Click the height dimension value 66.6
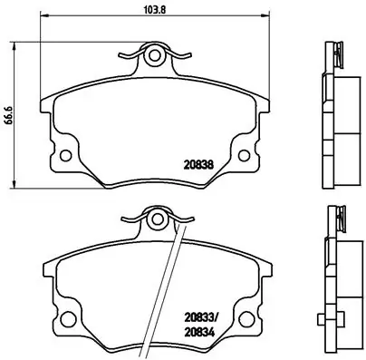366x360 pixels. coord(9,115)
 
